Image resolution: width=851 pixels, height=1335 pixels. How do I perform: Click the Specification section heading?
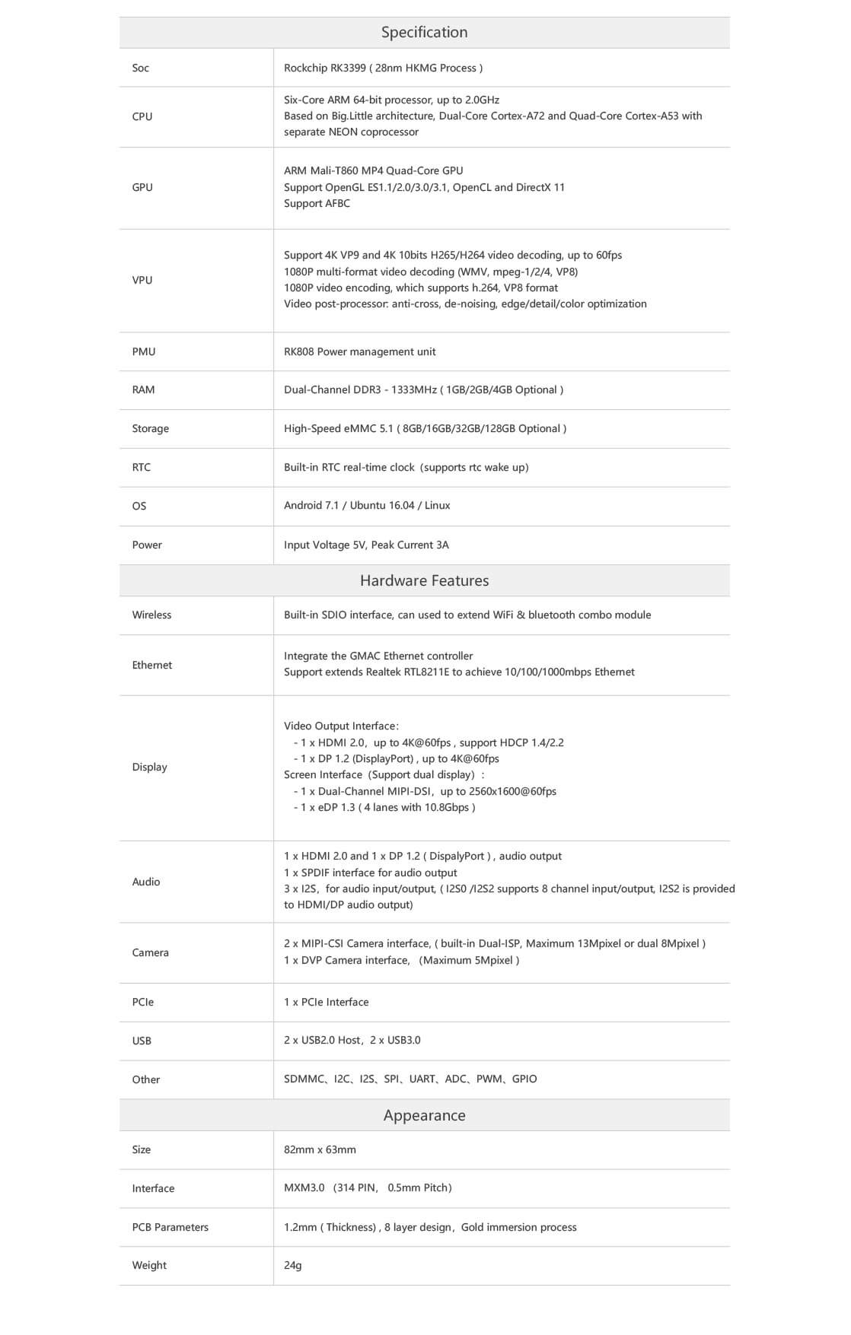click(424, 33)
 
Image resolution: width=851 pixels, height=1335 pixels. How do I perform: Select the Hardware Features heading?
click(424, 581)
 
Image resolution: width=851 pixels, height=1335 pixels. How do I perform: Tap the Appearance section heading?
click(424, 1116)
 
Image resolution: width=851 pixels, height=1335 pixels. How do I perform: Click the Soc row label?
click(140, 68)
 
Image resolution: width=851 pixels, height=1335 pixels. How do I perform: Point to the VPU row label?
click(142, 281)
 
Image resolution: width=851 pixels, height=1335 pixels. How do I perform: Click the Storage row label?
click(150, 429)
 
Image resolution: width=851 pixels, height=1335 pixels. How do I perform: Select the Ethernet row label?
click(151, 666)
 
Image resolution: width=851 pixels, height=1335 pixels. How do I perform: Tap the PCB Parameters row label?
click(170, 1228)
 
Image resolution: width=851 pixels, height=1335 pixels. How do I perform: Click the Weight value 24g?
click(293, 1266)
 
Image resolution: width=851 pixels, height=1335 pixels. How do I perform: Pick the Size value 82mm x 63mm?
click(320, 1150)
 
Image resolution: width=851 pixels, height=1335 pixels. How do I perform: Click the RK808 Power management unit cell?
click(359, 352)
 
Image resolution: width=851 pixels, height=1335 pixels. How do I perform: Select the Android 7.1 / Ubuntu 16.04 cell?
click(367, 506)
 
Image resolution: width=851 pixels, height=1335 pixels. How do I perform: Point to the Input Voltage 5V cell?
click(366, 545)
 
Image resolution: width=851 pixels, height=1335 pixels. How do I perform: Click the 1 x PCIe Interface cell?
click(326, 1003)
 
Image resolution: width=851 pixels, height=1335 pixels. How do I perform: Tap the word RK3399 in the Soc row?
click(347, 68)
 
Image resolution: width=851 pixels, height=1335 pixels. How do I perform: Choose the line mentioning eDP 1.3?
click(384, 808)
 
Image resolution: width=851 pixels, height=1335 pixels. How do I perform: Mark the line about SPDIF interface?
click(370, 873)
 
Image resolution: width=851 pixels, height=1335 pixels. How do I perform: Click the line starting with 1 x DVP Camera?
click(401, 961)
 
